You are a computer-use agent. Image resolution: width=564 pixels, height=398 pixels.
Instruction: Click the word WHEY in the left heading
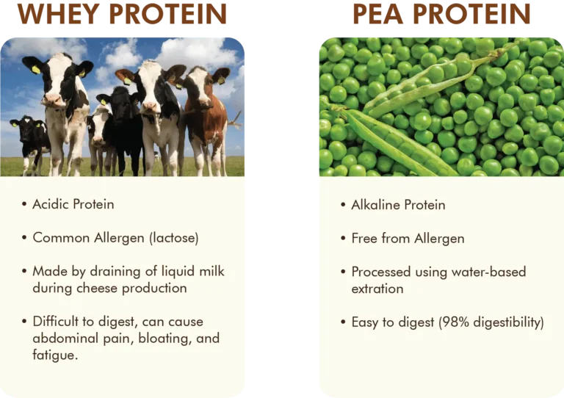click(x=58, y=14)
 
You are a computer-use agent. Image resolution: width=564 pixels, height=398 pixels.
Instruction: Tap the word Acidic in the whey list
click(x=51, y=204)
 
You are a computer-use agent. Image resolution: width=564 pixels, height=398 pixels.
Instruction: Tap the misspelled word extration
click(x=377, y=289)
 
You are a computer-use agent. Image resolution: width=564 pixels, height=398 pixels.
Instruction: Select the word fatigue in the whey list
click(x=54, y=355)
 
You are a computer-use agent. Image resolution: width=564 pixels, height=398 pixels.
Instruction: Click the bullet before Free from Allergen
click(x=343, y=238)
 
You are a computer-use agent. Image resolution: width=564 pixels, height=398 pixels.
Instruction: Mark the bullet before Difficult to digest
click(x=24, y=321)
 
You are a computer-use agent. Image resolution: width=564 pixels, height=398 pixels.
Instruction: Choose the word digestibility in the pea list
click(x=509, y=322)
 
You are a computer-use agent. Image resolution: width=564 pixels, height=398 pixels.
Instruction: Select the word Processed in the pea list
click(x=381, y=272)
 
